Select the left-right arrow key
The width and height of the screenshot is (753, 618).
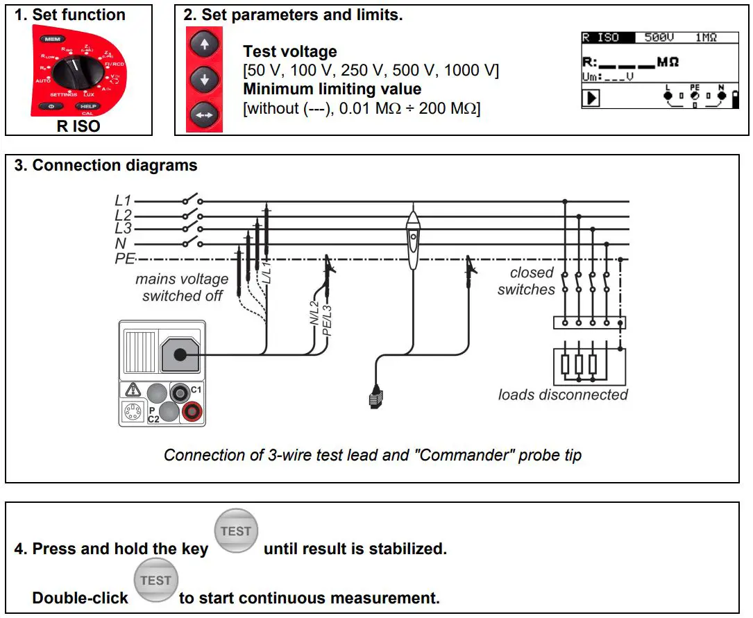(204, 114)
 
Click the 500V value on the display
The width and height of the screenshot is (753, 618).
(659, 37)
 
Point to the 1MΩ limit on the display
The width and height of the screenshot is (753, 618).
(706, 37)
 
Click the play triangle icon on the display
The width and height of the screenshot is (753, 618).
(592, 98)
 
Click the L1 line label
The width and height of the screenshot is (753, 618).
(123, 200)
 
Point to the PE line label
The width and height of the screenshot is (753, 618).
(124, 259)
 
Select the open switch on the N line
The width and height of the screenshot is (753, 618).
(192, 243)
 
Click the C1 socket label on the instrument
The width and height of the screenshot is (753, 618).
(196, 390)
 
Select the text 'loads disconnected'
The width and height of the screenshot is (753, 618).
(562, 395)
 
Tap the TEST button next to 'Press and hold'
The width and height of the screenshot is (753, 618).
(235, 532)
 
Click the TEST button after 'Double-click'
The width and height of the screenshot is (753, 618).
(155, 581)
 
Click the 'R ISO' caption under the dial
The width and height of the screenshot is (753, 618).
(78, 126)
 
